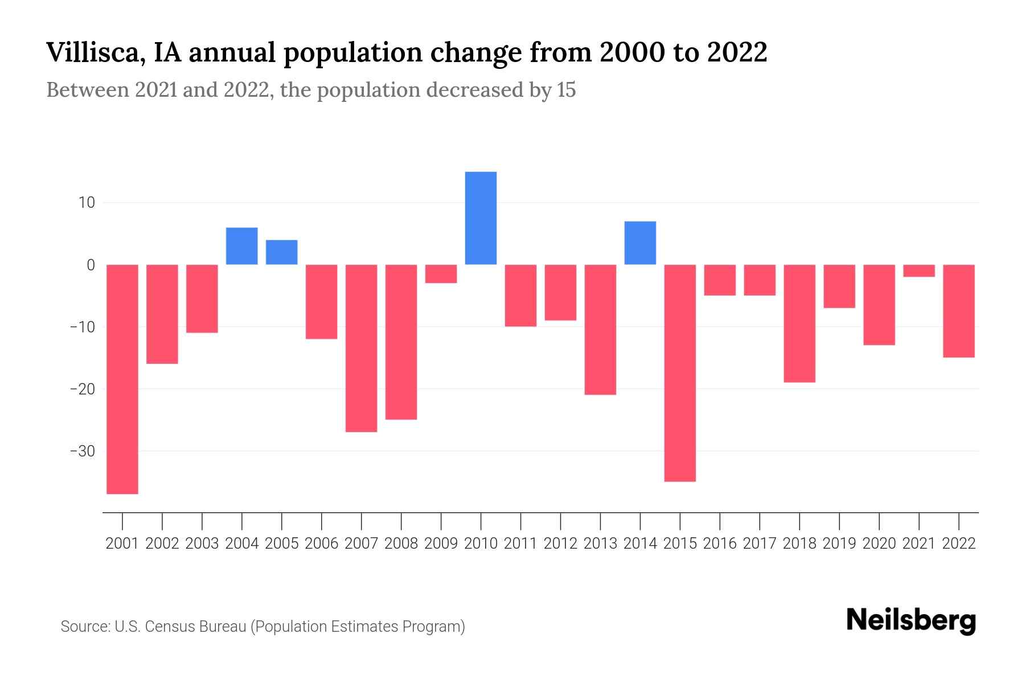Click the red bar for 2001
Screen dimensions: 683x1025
tap(122, 379)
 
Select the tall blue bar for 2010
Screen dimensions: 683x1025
tap(481, 218)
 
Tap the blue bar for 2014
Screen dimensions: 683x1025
tap(640, 243)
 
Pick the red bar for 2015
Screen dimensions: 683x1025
tap(680, 373)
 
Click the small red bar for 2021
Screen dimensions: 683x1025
tap(919, 271)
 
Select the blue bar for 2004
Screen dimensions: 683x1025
tap(242, 246)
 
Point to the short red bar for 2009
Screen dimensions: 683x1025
tap(441, 274)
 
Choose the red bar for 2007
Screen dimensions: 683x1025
tap(361, 348)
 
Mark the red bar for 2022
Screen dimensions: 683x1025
tap(958, 311)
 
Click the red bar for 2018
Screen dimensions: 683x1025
tap(799, 323)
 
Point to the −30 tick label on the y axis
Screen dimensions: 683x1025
tap(82, 451)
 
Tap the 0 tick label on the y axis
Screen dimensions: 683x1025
tap(91, 265)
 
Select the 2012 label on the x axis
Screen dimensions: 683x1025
tap(560, 544)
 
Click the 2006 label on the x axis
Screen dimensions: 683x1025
tap(321, 544)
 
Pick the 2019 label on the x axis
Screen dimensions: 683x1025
tap(839, 544)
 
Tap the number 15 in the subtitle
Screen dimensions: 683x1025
tap(566, 90)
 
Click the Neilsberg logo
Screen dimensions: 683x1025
tap(911, 620)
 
